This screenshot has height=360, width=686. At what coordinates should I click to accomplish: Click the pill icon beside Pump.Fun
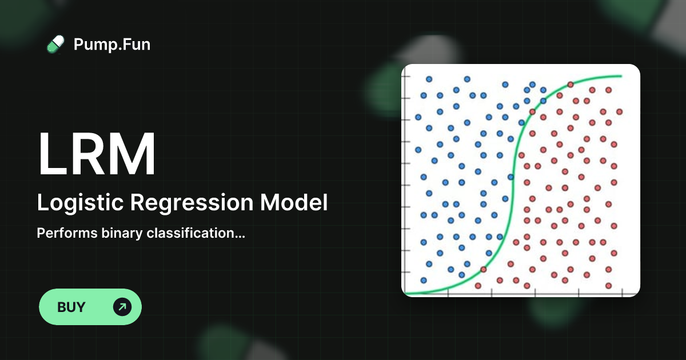point(55,45)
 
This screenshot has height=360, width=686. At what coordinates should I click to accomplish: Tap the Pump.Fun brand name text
point(112,45)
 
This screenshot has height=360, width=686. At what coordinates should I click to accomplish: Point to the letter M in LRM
point(131,155)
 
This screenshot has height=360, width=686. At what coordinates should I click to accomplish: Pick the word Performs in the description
point(61,233)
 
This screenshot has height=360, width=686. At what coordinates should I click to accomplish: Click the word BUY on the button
point(71,307)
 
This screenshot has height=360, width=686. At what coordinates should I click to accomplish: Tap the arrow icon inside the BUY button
point(122,307)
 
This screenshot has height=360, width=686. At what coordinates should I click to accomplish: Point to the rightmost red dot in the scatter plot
point(619,111)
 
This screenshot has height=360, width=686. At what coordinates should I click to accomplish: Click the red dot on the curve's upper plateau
point(570,85)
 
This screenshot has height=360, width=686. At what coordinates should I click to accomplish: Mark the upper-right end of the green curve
point(621,76)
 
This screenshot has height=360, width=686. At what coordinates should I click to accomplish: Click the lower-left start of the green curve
point(405,294)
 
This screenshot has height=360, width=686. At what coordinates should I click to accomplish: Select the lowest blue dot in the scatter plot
point(424,280)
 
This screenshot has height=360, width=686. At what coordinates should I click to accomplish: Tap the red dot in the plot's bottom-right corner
point(608,285)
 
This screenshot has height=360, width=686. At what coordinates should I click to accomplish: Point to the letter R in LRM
point(89,155)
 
